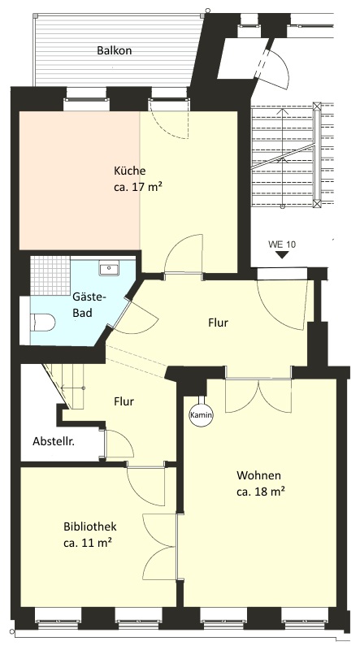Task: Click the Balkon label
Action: coord(114,50)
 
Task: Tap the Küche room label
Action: coord(129,171)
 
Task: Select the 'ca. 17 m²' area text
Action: coord(137,187)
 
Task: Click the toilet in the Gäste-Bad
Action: coord(43,322)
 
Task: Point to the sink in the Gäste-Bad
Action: coord(109,268)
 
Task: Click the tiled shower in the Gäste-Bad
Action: coord(50,275)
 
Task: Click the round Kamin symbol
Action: coord(202,414)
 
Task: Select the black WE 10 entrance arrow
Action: coord(282,255)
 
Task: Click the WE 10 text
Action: coord(282,244)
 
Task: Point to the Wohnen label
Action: coord(258,475)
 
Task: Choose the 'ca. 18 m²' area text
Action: coord(260,492)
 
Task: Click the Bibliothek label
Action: coord(90,526)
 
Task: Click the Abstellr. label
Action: coord(54,441)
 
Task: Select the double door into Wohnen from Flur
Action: coord(258,396)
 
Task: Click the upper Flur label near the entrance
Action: coord(218,322)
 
